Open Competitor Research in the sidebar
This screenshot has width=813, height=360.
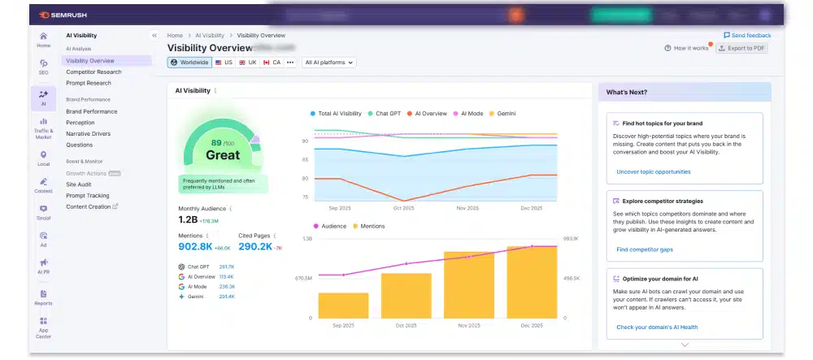[x=93, y=72]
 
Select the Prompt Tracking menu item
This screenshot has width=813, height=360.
[x=87, y=195]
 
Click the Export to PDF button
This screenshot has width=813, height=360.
[x=741, y=49]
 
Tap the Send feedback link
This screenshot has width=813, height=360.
[x=747, y=36]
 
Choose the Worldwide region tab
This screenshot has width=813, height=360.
[x=189, y=62]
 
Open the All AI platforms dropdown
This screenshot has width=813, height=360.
[x=329, y=62]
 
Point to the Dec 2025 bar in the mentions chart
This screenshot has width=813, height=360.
[x=532, y=282]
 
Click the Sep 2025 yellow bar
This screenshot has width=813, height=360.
[x=343, y=305]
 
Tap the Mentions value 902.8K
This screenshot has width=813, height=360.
[x=195, y=246]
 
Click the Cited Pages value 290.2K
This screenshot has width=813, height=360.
[x=254, y=246]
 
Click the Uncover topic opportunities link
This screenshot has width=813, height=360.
[x=653, y=171]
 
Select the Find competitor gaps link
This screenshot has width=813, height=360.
[x=644, y=249]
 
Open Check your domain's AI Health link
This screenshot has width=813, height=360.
[x=656, y=327]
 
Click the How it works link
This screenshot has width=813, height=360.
[x=686, y=49]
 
